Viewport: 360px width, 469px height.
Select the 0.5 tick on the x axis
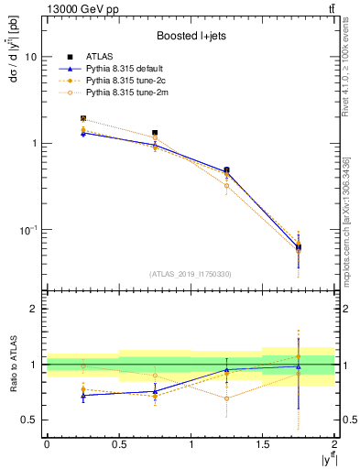point(118,443)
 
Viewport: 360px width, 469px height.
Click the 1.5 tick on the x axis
point(263,443)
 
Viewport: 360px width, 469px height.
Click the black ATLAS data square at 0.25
point(82,118)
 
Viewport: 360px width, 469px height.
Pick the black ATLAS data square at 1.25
point(227,170)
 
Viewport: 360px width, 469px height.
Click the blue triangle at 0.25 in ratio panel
point(82,395)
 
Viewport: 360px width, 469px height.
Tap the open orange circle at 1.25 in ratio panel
point(227,398)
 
